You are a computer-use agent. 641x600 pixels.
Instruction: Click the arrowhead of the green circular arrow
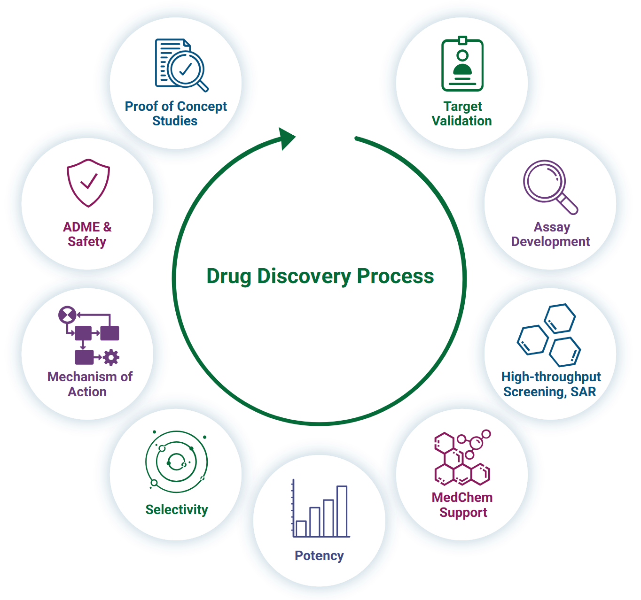pyautogui.click(x=286, y=138)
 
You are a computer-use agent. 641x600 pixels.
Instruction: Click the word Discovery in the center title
pyautogui.click(x=304, y=276)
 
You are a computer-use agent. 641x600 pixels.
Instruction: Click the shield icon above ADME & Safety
pyautogui.click(x=88, y=183)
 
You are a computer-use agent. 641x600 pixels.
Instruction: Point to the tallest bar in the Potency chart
pyautogui.click(x=342, y=511)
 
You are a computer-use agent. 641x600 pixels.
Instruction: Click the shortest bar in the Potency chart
pyautogui.click(x=301, y=528)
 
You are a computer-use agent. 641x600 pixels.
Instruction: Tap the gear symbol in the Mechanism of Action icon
pyautogui.click(x=111, y=357)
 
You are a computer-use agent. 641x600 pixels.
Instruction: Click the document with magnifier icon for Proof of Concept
pyautogui.click(x=181, y=65)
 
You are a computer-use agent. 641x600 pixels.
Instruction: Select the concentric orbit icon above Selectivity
pyautogui.click(x=176, y=462)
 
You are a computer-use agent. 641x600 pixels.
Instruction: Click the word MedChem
pyautogui.click(x=462, y=498)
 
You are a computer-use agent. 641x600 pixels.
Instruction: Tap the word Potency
pyautogui.click(x=319, y=556)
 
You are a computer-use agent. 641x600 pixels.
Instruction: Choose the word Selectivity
pyautogui.click(x=177, y=510)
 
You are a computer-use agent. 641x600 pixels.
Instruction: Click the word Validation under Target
pyautogui.click(x=461, y=121)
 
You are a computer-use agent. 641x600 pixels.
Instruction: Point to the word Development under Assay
pyautogui.click(x=550, y=242)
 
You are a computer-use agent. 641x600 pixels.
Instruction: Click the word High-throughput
pyautogui.click(x=551, y=377)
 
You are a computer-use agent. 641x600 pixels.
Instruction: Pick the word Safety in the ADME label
pyautogui.click(x=87, y=242)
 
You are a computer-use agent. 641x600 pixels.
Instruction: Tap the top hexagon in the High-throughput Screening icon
pyautogui.click(x=559, y=319)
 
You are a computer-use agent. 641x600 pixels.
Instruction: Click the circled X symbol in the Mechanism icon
pyautogui.click(x=67, y=315)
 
